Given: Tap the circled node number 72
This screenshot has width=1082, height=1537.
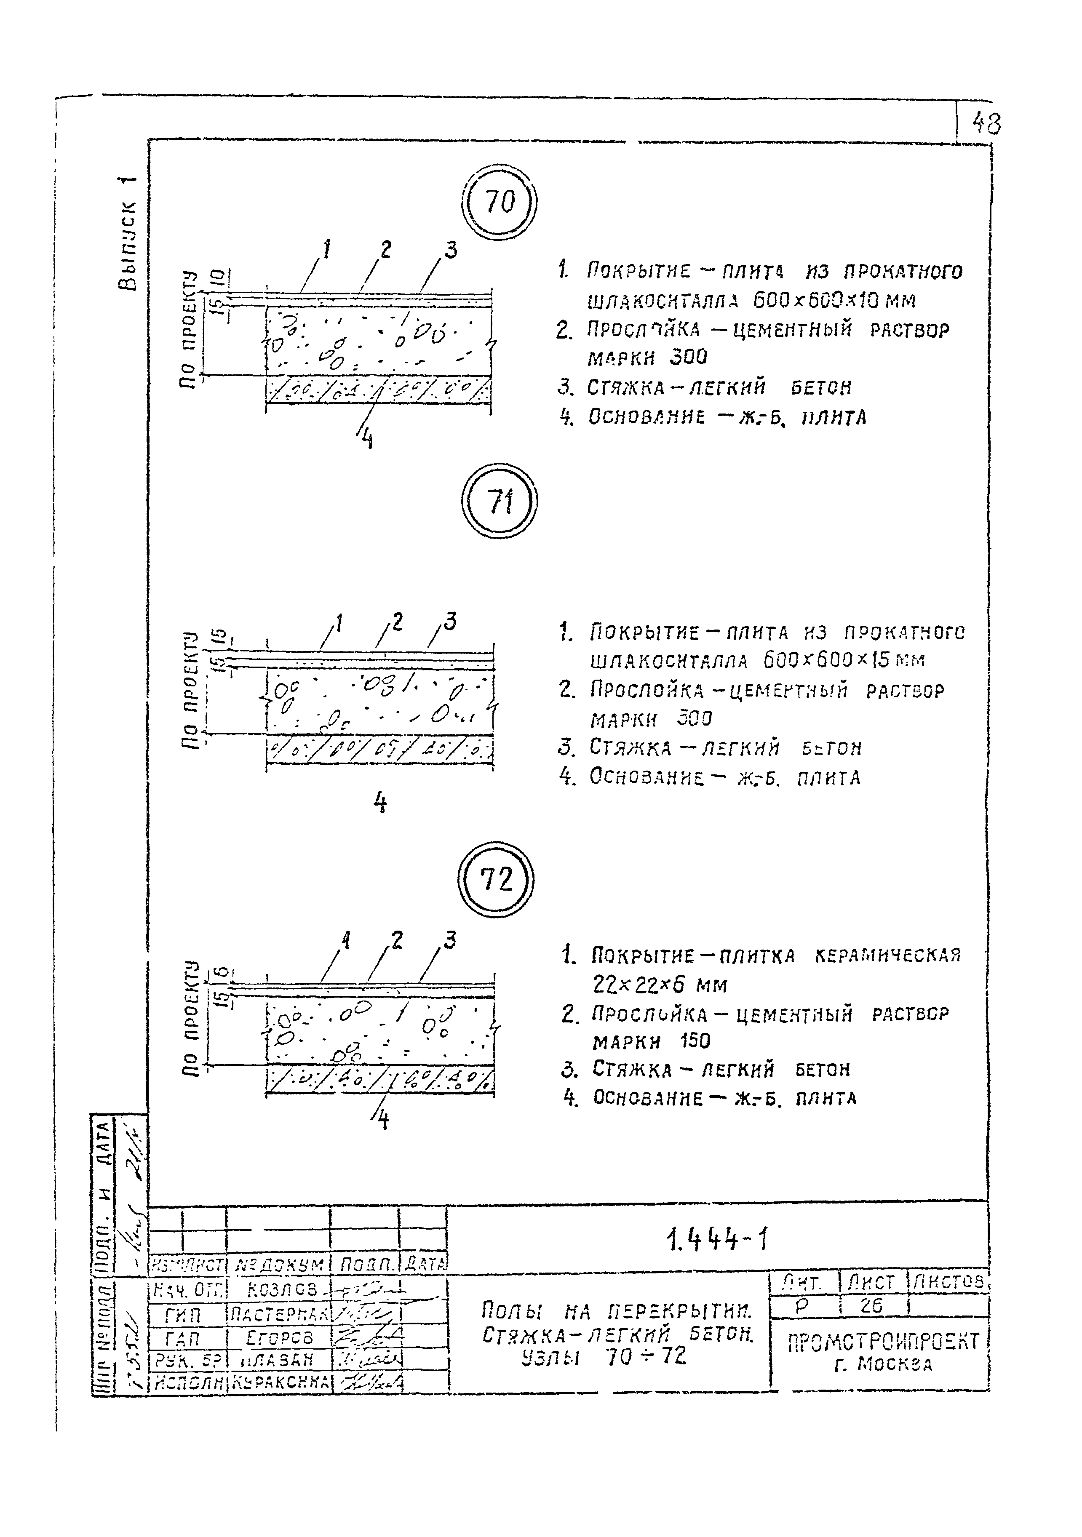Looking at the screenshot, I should (x=496, y=879).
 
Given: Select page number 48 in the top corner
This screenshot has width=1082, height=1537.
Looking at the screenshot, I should (x=986, y=124).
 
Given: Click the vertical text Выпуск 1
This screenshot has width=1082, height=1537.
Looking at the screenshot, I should (x=126, y=234).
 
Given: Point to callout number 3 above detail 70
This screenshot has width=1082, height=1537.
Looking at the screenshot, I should (x=451, y=251).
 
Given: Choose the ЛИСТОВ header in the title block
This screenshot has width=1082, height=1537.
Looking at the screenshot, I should (x=949, y=1282).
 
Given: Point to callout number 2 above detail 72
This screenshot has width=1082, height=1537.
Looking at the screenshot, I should (x=397, y=941).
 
